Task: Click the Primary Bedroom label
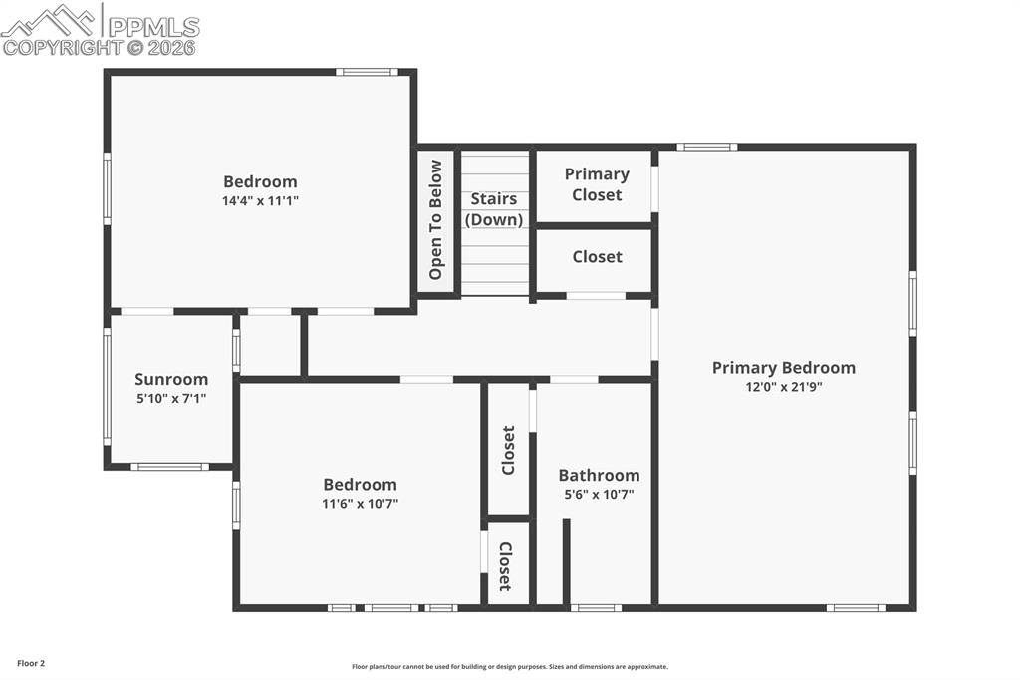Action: (x=783, y=368)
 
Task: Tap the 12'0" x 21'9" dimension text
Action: (x=783, y=388)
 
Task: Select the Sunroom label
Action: (x=171, y=379)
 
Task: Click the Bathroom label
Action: (x=599, y=475)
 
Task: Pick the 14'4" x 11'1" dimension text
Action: (x=260, y=200)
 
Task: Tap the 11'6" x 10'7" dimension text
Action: (x=360, y=504)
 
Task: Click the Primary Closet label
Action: (x=597, y=184)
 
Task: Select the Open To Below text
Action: (x=435, y=219)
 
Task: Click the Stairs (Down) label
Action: (x=494, y=209)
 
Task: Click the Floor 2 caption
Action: (x=31, y=663)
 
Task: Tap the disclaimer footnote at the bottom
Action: (x=510, y=667)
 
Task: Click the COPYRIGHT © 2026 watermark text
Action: (x=100, y=47)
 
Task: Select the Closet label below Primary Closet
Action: (x=597, y=256)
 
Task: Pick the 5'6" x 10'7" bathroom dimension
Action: (x=599, y=494)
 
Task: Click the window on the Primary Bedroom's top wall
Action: (x=707, y=147)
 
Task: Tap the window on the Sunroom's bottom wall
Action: (x=169, y=466)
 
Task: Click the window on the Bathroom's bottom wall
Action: (x=597, y=607)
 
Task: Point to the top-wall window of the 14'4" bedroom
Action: (x=367, y=72)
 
